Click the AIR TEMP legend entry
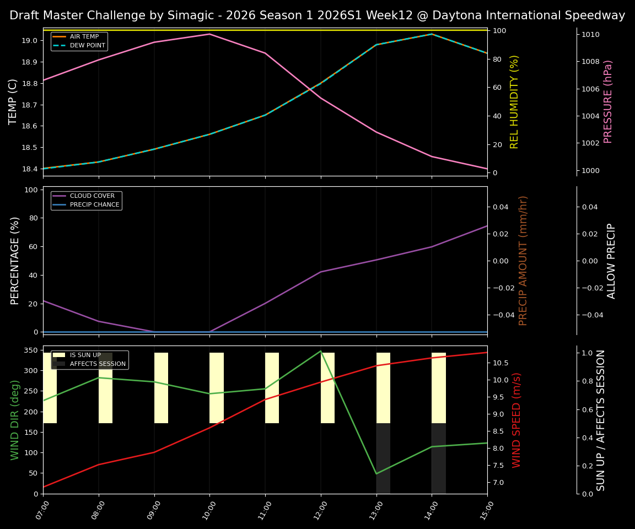coord(84,37)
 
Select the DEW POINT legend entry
coord(87,45)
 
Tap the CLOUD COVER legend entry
coord(92,196)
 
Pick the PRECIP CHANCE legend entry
coord(94,204)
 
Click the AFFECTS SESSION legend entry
coord(98,364)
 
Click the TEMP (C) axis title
coord(13,101)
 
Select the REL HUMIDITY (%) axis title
coord(515,101)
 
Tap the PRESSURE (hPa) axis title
coord(609,101)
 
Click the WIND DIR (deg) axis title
coord(15,419)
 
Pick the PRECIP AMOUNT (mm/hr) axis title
coord(523,260)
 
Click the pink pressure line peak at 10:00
coord(209,34)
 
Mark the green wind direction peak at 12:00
coord(321,351)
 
